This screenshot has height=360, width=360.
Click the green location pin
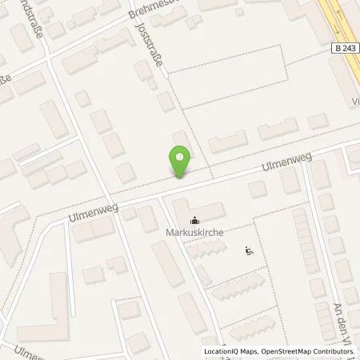(180, 161)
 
